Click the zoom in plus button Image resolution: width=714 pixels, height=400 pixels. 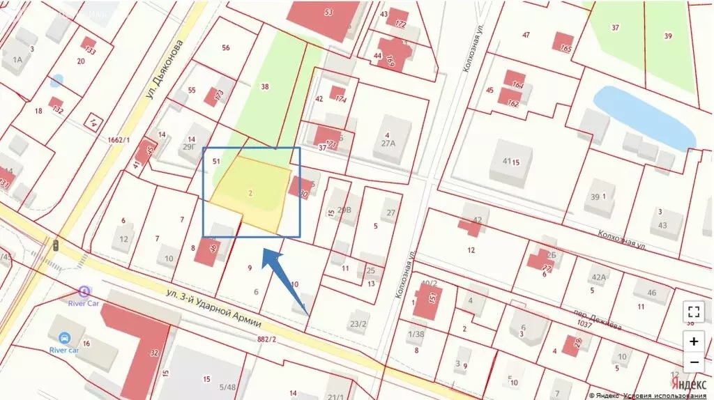click(x=694, y=341)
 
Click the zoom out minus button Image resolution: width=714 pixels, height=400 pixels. click(x=694, y=362)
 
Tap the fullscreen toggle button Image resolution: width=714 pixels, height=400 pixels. click(x=694, y=311)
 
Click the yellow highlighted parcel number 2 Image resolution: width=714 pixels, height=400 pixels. click(x=249, y=192)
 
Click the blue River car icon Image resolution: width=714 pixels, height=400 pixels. click(x=64, y=338)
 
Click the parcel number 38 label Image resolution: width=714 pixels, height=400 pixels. click(x=264, y=87)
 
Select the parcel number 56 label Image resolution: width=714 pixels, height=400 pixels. click(x=225, y=47)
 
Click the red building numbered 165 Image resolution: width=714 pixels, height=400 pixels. click(x=563, y=43)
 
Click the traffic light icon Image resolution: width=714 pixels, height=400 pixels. click(x=55, y=245)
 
